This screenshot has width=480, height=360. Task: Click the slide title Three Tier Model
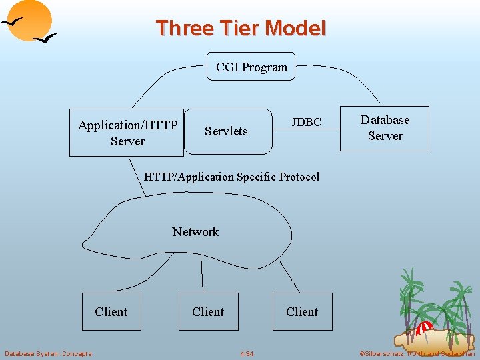point(241,29)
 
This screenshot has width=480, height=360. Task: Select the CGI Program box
point(251,67)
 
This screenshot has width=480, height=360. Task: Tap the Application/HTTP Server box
point(127,133)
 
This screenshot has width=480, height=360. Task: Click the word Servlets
point(226,131)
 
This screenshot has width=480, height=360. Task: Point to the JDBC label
point(306,122)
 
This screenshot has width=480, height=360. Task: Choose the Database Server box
point(385,128)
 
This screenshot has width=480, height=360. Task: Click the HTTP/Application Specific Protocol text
point(231,177)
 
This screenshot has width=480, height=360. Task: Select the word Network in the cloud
point(195,232)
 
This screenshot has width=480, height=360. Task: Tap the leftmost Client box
point(111,311)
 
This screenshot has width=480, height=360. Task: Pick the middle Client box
point(208,311)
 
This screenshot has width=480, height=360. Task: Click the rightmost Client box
point(302,311)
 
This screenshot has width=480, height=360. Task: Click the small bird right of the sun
point(45,39)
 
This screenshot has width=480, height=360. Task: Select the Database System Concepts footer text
point(48,353)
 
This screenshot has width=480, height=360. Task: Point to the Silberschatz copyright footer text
point(417,353)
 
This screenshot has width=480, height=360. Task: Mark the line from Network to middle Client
point(203,273)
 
